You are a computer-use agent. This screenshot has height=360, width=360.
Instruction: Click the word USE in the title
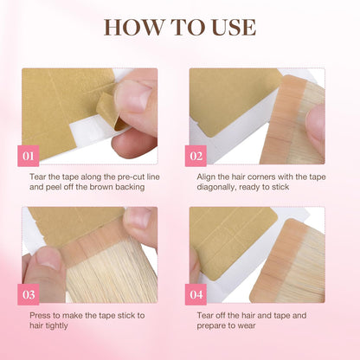[229, 26]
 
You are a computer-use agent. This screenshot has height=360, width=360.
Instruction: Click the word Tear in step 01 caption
[37, 177]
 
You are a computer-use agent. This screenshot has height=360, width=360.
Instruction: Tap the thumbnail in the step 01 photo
[132, 98]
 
